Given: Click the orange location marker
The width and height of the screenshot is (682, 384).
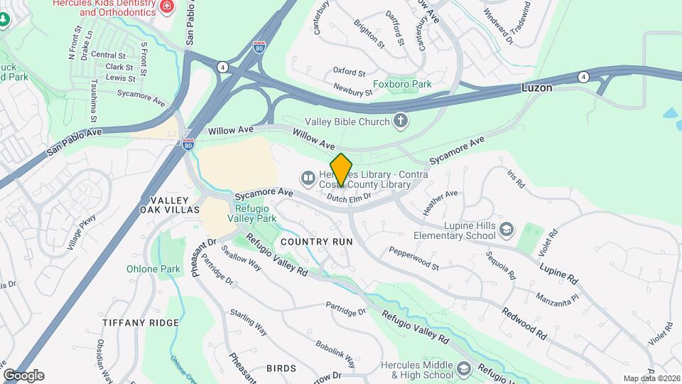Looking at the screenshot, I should [341, 171].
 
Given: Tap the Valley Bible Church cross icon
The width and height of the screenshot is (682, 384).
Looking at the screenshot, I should [401, 122].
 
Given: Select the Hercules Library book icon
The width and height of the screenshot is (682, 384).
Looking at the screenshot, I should [308, 177].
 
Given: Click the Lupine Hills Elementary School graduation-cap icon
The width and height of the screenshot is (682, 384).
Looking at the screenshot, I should [506, 230].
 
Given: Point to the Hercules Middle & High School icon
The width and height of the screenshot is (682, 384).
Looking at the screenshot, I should [464, 368].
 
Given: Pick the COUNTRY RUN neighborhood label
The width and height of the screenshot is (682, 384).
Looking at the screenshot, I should [317, 242].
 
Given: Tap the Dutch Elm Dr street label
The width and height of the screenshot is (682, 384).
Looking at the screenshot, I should [350, 198].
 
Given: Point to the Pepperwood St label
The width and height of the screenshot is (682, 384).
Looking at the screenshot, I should [414, 258].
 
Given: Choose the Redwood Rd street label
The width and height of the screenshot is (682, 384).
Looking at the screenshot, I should [524, 322].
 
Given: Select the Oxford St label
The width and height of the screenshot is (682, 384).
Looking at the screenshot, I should [349, 73].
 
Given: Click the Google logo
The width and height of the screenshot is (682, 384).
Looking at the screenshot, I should [23, 375].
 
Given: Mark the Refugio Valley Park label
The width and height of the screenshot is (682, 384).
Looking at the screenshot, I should [256, 214].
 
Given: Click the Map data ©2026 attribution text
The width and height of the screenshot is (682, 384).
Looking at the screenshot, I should [651, 378].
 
